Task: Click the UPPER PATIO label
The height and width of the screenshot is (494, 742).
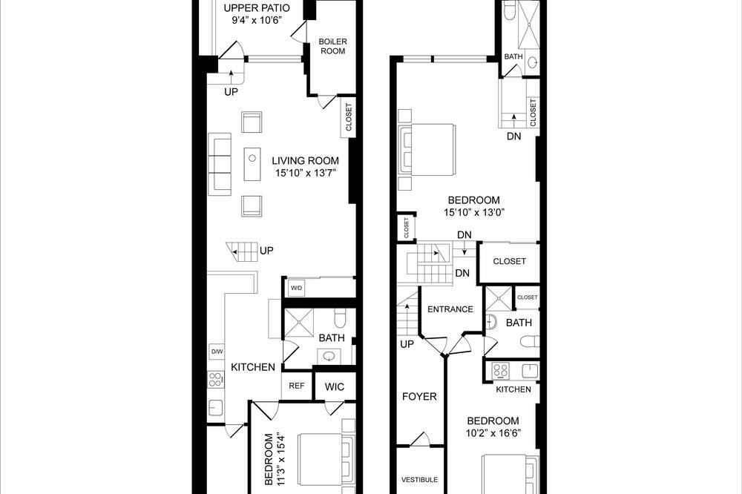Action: [257, 8]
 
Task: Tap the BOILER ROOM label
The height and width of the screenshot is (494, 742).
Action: [332, 46]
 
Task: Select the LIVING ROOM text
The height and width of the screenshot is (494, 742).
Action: [305, 161]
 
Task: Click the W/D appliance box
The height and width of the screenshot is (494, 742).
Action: [297, 288]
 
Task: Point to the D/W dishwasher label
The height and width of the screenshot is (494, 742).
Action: [217, 352]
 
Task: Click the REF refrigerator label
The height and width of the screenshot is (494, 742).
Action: [297, 386]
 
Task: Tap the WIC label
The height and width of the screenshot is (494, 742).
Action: [334, 386]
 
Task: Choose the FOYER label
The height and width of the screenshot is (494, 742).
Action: [419, 397]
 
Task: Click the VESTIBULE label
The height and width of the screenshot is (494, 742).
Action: [420, 479]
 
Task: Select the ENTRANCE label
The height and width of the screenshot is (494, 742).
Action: [450, 309]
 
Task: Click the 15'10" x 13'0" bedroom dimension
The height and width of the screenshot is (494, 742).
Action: [474, 212]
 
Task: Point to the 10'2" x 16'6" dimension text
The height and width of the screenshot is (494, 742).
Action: [493, 433]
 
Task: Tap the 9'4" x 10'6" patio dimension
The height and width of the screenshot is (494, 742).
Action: [257, 20]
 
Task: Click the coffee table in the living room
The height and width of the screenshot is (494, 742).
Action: [252, 164]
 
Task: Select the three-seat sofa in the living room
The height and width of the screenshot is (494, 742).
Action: [220, 164]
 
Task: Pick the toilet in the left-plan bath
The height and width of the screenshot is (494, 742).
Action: [339, 318]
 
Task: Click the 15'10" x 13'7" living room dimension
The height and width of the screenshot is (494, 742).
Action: [305, 173]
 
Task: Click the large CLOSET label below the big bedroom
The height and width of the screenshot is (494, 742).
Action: [509, 261]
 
